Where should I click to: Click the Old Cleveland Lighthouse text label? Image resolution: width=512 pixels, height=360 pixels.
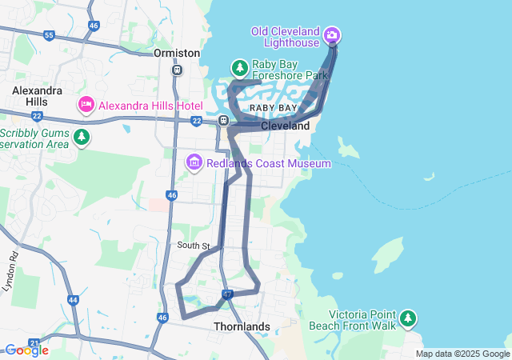pyautogui.click(x=286, y=32)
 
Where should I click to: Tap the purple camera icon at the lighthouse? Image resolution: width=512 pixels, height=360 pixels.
pyautogui.click(x=332, y=35)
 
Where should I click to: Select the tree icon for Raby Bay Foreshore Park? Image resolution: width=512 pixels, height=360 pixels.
pyautogui.click(x=239, y=67)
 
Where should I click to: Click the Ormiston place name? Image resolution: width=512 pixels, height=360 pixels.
pyautogui.click(x=177, y=53)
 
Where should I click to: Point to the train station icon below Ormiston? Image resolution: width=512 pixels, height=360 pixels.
pyautogui.click(x=177, y=70)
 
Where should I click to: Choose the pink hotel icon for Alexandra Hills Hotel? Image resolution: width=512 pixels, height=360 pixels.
pyautogui.click(x=86, y=105)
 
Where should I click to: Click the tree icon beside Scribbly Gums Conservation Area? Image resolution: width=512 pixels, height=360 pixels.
pyautogui.click(x=81, y=138)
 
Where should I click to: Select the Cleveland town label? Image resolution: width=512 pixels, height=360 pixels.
pyautogui.click(x=285, y=126)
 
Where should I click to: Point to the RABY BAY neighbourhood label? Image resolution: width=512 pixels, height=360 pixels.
pyautogui.click(x=273, y=107)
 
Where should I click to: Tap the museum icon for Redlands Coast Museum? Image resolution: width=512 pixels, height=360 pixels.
pyautogui.click(x=194, y=163)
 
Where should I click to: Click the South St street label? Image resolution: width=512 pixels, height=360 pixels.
pyautogui.click(x=194, y=246)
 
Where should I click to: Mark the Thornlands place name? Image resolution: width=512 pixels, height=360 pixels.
pyautogui.click(x=242, y=326)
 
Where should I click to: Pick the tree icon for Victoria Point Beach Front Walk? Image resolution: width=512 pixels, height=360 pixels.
pyautogui.click(x=408, y=318)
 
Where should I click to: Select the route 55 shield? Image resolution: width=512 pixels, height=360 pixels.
pyautogui.click(x=50, y=36)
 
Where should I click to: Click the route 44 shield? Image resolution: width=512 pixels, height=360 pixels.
pyautogui.click(x=74, y=300)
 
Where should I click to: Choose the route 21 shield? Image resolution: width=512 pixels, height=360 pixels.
pyautogui.click(x=34, y=343)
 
